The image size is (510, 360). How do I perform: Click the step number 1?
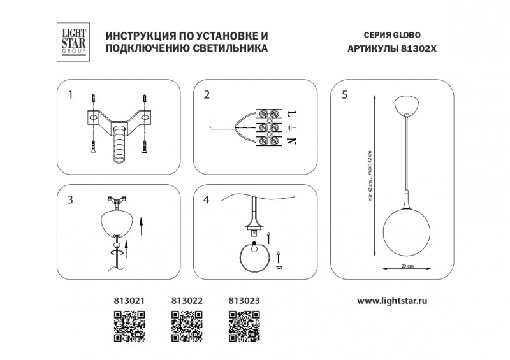71,96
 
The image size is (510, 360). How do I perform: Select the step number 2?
207,96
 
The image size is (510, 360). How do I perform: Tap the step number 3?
71,200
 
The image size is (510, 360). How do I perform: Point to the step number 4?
207,200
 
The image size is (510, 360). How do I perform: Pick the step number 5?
344,96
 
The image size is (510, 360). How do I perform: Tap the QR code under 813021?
126,322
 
